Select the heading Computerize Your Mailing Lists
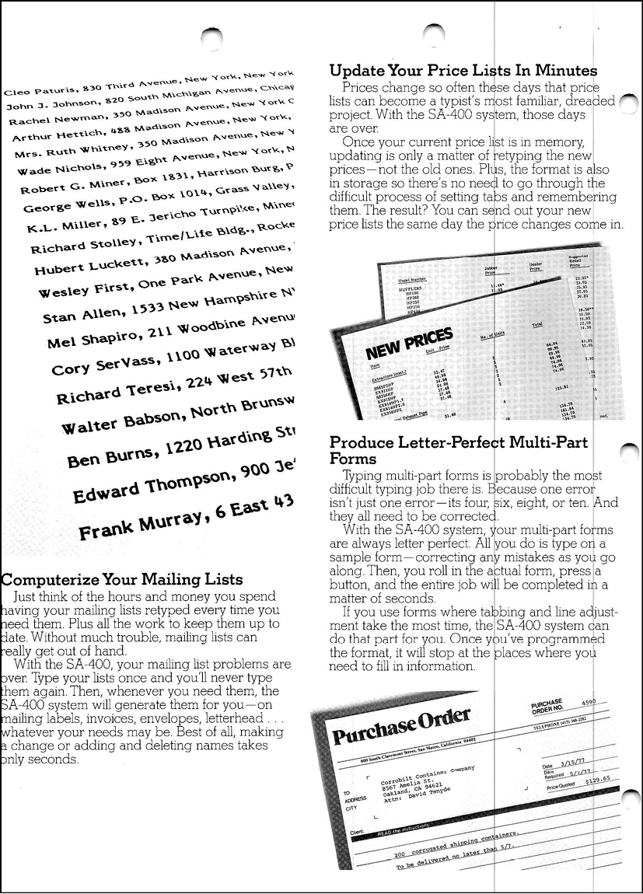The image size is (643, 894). click(x=123, y=580)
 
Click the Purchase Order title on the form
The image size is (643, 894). click(x=402, y=727)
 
